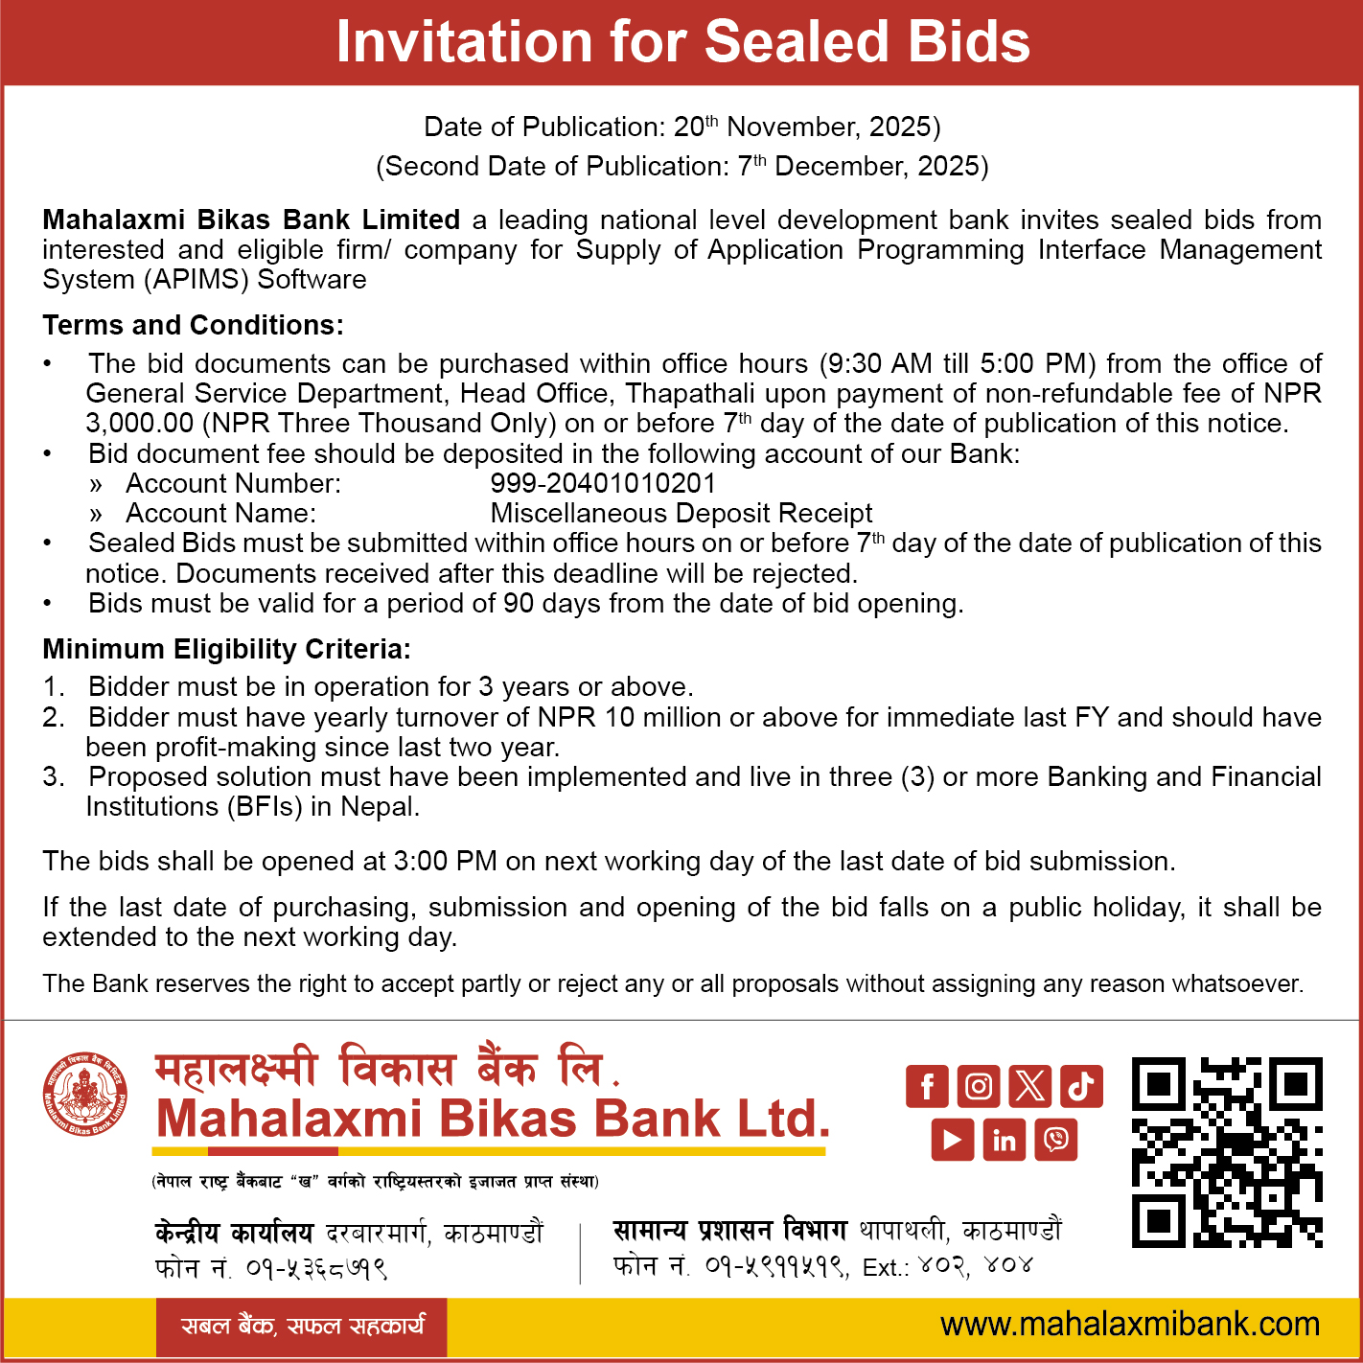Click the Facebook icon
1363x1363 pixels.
[x=927, y=1086]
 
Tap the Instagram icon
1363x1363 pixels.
[x=979, y=1086]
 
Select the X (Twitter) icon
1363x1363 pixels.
[x=1029, y=1086]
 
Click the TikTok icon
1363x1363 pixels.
[x=1081, y=1086]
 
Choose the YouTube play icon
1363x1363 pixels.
[x=952, y=1139]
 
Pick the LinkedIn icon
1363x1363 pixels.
[x=1004, y=1139]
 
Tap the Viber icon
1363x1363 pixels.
[x=1055, y=1139]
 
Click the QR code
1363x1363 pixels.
[x=1227, y=1152]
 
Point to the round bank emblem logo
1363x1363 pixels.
[x=85, y=1095]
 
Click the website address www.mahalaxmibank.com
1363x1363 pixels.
[x=1130, y=1325]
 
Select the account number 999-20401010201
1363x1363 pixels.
[x=603, y=483]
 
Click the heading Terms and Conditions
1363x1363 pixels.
[x=193, y=326]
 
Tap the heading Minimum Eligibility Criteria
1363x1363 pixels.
[x=226, y=650]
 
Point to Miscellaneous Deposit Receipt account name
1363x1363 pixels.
[x=681, y=514]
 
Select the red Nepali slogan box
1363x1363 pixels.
[x=302, y=1327]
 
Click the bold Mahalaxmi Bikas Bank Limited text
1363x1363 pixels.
[x=251, y=220]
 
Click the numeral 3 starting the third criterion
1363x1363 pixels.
[x=51, y=777]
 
